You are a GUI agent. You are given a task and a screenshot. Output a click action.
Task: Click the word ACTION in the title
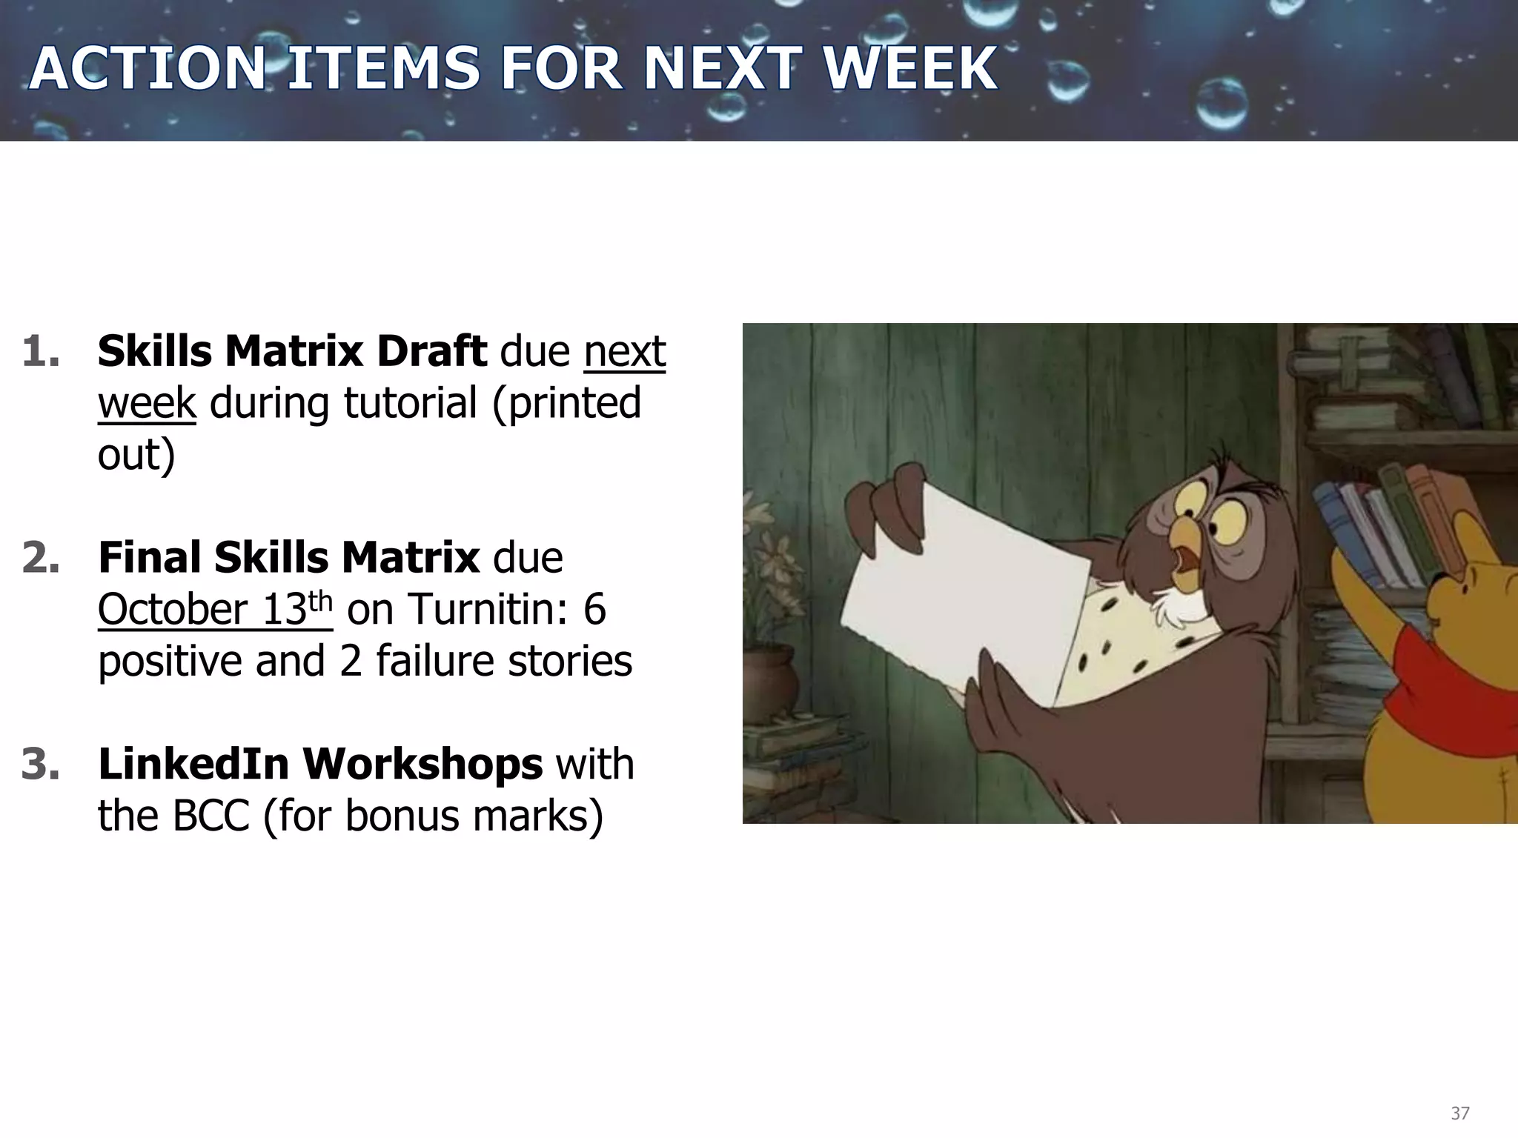147,68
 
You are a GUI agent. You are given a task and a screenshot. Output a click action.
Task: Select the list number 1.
41,351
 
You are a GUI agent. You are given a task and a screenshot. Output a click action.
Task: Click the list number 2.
41,558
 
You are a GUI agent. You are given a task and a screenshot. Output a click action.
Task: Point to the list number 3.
41,765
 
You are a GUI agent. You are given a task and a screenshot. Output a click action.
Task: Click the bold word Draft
431,351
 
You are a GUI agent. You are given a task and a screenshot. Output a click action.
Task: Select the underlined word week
147,404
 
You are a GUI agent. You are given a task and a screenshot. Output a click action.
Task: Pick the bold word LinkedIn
193,765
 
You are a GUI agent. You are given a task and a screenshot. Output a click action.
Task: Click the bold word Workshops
422,765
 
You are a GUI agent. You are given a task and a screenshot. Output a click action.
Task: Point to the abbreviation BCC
211,816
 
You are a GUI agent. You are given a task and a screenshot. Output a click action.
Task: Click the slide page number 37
1459,1113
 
